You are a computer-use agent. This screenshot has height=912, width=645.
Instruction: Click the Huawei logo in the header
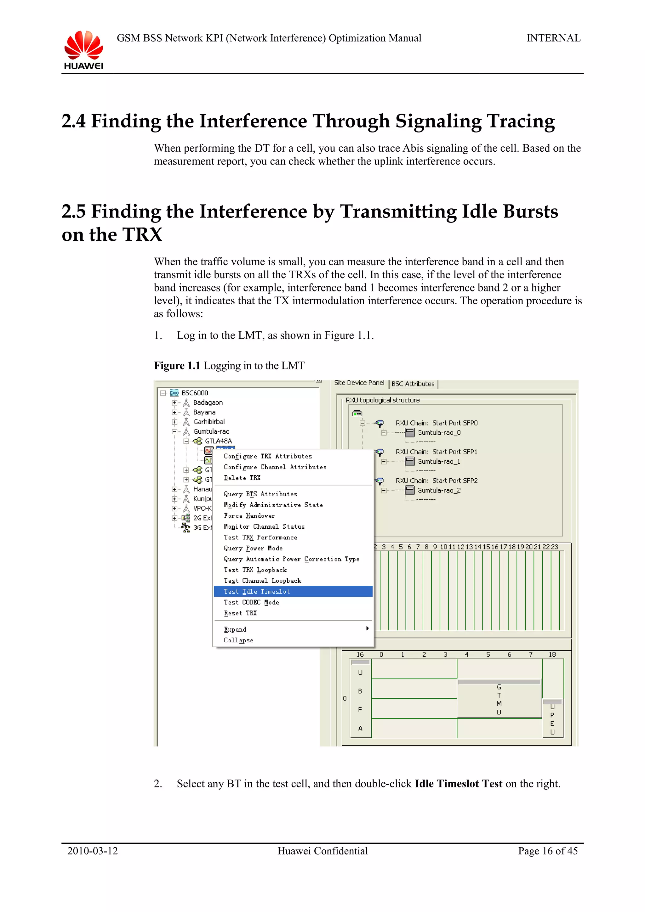pyautogui.click(x=83, y=50)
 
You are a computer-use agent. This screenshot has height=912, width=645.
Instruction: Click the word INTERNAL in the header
pyautogui.click(x=553, y=38)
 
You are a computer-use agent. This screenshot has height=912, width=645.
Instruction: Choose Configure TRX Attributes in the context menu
pyautogui.click(x=267, y=456)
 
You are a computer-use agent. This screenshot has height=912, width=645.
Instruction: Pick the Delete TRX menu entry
pyautogui.click(x=242, y=478)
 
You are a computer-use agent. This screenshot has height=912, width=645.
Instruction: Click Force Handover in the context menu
pyautogui.click(x=249, y=515)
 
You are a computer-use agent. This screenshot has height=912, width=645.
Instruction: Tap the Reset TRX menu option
pyautogui.click(x=240, y=613)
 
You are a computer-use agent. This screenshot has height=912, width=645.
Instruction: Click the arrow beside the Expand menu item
pyautogui.click(x=367, y=628)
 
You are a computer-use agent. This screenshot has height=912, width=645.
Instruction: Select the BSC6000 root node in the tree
pyautogui.click(x=195, y=393)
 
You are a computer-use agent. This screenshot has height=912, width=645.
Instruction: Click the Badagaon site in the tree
pyautogui.click(x=208, y=403)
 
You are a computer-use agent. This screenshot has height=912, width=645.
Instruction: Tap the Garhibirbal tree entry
pyautogui.click(x=208, y=421)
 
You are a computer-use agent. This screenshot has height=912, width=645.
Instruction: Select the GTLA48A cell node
pyautogui.click(x=218, y=441)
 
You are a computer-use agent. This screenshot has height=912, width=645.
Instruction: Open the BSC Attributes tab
pyautogui.click(x=413, y=384)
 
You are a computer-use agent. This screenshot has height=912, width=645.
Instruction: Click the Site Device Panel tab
pyautogui.click(x=359, y=383)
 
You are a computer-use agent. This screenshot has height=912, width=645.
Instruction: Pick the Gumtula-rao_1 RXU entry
pyautogui.click(x=438, y=462)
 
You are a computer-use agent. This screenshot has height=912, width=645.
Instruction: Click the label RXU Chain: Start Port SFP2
pyautogui.click(x=437, y=481)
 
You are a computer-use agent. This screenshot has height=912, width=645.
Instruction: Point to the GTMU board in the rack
pyautogui.click(x=499, y=700)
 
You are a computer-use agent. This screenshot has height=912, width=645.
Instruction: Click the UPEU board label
pyautogui.click(x=552, y=719)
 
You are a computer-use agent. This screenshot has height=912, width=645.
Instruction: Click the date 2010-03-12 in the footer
pyautogui.click(x=93, y=851)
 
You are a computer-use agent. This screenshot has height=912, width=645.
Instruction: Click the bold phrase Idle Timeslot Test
pyautogui.click(x=458, y=784)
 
